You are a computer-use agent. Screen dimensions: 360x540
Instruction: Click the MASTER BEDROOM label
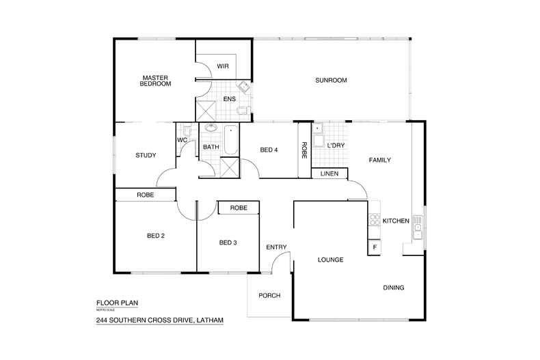click(156, 81)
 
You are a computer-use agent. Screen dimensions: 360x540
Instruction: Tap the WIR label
click(222, 66)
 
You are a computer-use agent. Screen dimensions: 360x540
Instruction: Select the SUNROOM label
click(331, 81)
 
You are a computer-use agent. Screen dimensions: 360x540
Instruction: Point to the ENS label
click(229, 100)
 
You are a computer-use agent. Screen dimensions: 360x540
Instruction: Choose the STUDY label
click(146, 155)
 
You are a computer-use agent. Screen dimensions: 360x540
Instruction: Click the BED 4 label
click(269, 150)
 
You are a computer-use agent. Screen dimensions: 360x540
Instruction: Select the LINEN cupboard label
click(329, 174)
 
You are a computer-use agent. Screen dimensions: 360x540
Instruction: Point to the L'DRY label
click(336, 146)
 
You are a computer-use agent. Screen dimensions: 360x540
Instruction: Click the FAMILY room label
click(379, 160)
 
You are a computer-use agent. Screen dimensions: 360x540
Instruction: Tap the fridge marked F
click(374, 247)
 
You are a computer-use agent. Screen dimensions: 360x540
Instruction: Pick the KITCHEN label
click(396, 221)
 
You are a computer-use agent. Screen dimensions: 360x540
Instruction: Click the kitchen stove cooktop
click(374, 219)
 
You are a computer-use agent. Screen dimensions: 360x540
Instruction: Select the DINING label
click(393, 288)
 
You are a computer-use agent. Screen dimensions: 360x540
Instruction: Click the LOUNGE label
click(330, 260)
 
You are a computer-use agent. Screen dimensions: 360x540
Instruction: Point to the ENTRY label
click(276, 247)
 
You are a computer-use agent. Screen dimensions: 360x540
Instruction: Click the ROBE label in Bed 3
click(238, 208)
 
